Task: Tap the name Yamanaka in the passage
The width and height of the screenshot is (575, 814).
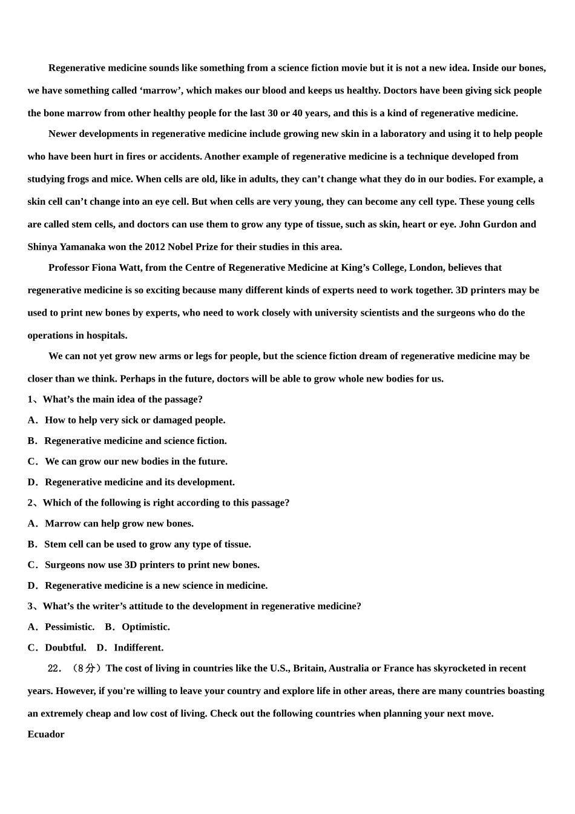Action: tap(90, 247)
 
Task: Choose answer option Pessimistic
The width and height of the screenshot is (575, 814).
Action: tap(69, 627)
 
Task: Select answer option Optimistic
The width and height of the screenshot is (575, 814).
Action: tap(145, 627)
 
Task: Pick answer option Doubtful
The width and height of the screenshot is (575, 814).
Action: tap(65, 647)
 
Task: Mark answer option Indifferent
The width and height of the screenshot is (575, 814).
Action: tap(139, 647)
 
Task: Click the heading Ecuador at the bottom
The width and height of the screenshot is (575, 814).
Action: tap(46, 734)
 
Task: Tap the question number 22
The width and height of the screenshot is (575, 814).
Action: tap(54, 669)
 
